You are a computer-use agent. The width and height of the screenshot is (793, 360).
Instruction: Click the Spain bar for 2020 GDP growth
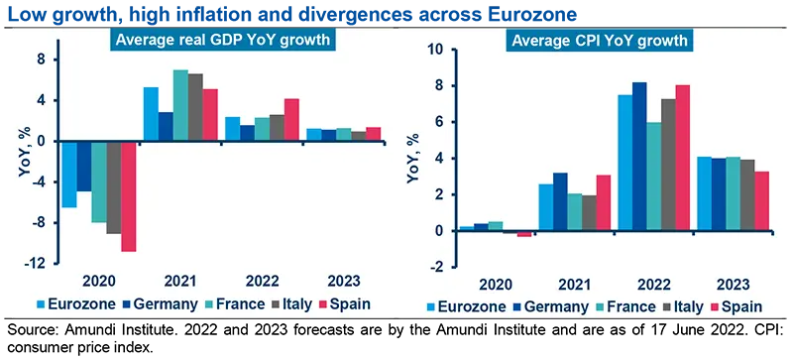click(x=129, y=195)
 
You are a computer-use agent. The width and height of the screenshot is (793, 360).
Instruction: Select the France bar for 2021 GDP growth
click(x=180, y=105)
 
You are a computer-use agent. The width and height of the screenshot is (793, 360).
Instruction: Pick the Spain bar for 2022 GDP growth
click(x=291, y=119)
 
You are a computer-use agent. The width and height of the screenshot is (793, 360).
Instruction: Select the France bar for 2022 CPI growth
click(x=654, y=177)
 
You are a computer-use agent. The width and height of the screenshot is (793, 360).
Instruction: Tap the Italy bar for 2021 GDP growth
click(x=195, y=107)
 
